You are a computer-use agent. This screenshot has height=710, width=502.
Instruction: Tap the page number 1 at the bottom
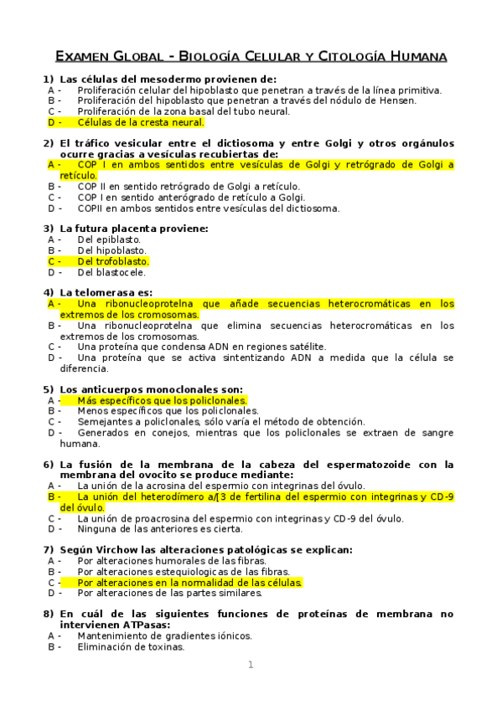pos(250,665)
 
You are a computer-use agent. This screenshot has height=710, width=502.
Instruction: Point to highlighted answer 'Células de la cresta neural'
pos(140,122)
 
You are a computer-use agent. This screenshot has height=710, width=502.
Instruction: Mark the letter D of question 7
pos(52,594)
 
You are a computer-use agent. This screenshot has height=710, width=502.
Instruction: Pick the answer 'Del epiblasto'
pos(109,239)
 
